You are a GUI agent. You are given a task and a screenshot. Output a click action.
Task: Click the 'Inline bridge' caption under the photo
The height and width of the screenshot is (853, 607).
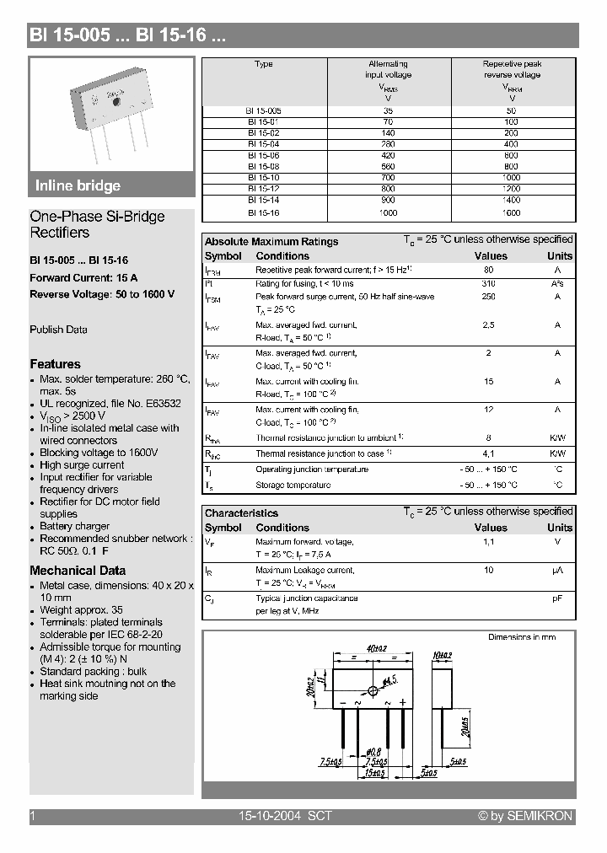click(x=78, y=185)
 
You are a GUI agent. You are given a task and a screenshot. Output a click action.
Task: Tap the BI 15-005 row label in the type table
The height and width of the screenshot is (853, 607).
click(x=264, y=110)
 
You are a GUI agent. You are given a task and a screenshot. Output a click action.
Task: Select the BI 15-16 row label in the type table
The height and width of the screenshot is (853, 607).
click(x=264, y=213)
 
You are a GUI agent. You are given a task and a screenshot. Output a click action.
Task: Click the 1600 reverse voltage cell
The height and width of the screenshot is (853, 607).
click(x=512, y=213)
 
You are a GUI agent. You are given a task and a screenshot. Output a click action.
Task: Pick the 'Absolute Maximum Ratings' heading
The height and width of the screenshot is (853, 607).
click(x=271, y=241)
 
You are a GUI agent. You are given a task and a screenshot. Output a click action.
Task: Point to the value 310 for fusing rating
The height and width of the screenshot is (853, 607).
click(x=489, y=283)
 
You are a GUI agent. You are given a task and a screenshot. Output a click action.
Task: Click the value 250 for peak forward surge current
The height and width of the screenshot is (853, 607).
click(x=489, y=297)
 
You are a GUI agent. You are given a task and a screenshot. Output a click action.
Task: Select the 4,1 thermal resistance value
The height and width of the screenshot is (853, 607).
click(x=489, y=453)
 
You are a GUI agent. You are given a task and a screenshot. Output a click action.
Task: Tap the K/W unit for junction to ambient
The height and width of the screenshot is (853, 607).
click(x=558, y=438)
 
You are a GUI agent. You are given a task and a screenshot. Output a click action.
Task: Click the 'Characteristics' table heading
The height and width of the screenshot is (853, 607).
click(x=241, y=512)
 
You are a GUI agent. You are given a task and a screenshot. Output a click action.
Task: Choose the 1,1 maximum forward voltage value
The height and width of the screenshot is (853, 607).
click(x=489, y=542)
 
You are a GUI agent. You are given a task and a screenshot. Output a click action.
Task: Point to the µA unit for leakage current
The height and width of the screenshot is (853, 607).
click(x=558, y=571)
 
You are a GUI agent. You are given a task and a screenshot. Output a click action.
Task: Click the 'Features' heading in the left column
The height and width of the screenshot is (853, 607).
click(x=55, y=364)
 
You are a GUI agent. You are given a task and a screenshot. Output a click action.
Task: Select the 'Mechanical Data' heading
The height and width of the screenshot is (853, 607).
click(x=78, y=570)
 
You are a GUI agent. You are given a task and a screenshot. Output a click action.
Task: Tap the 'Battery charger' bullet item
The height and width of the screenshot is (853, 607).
click(x=74, y=526)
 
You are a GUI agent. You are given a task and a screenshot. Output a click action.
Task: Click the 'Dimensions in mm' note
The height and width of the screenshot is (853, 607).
click(x=522, y=637)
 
